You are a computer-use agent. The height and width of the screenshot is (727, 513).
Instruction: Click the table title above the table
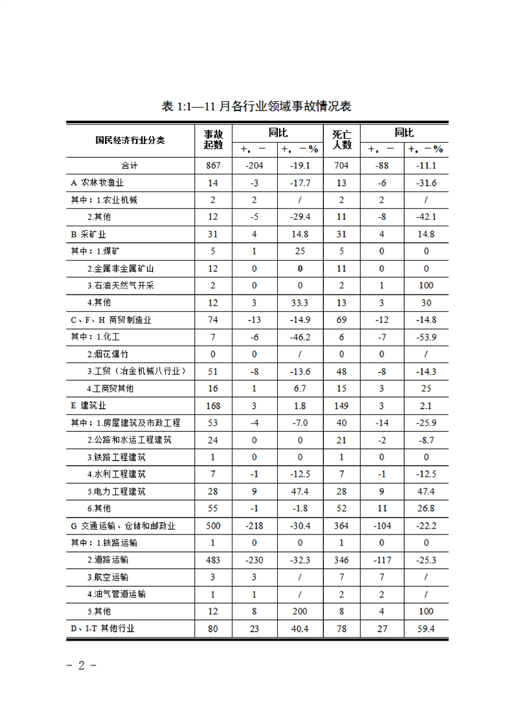coord(256,106)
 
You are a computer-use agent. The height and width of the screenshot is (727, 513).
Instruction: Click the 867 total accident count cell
coord(213,165)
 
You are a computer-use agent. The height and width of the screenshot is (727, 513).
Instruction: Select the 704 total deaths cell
coord(341,165)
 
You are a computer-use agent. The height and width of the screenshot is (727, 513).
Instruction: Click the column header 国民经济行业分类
coord(130,140)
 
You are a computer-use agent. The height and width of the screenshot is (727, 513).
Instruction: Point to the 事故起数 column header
coord(213,139)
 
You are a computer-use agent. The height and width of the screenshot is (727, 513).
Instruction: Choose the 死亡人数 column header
coord(341,139)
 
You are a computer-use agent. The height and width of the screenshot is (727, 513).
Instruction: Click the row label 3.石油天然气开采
coord(120,285)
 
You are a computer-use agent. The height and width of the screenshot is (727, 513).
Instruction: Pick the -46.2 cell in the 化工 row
coord(299,337)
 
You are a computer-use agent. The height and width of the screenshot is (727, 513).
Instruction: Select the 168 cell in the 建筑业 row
coord(213,406)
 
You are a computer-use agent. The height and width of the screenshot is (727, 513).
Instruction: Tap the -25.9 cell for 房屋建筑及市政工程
coord(426,423)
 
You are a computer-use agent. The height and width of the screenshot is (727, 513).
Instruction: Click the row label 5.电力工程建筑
coord(116,492)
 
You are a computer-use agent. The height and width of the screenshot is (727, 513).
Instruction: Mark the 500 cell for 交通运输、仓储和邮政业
coord(213,525)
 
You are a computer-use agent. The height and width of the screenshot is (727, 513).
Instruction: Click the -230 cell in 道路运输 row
coord(254,559)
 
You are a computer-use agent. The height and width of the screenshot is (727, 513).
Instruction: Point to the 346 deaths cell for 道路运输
coord(341,559)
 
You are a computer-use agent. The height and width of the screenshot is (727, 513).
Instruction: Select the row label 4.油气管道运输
coord(116,593)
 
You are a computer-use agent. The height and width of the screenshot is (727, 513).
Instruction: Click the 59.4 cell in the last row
coord(426,628)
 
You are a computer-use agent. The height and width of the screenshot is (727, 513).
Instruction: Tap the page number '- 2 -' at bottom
coord(82,665)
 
